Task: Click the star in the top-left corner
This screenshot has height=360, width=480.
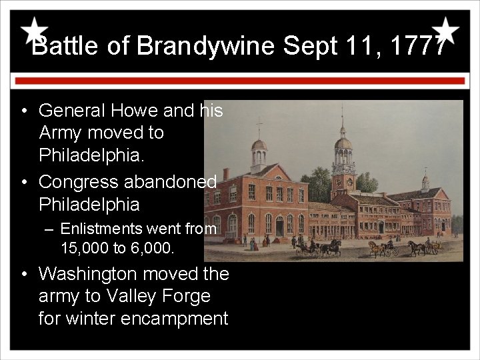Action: point(33,31)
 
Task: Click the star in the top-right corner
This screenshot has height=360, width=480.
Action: point(445,31)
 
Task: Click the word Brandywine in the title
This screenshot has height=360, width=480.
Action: point(206,47)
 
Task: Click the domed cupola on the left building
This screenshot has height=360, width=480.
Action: point(259,145)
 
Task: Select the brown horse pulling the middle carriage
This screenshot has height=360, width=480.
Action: point(375,247)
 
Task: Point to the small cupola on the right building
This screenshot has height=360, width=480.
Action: point(425,180)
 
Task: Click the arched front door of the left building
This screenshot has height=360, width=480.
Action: point(279,227)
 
